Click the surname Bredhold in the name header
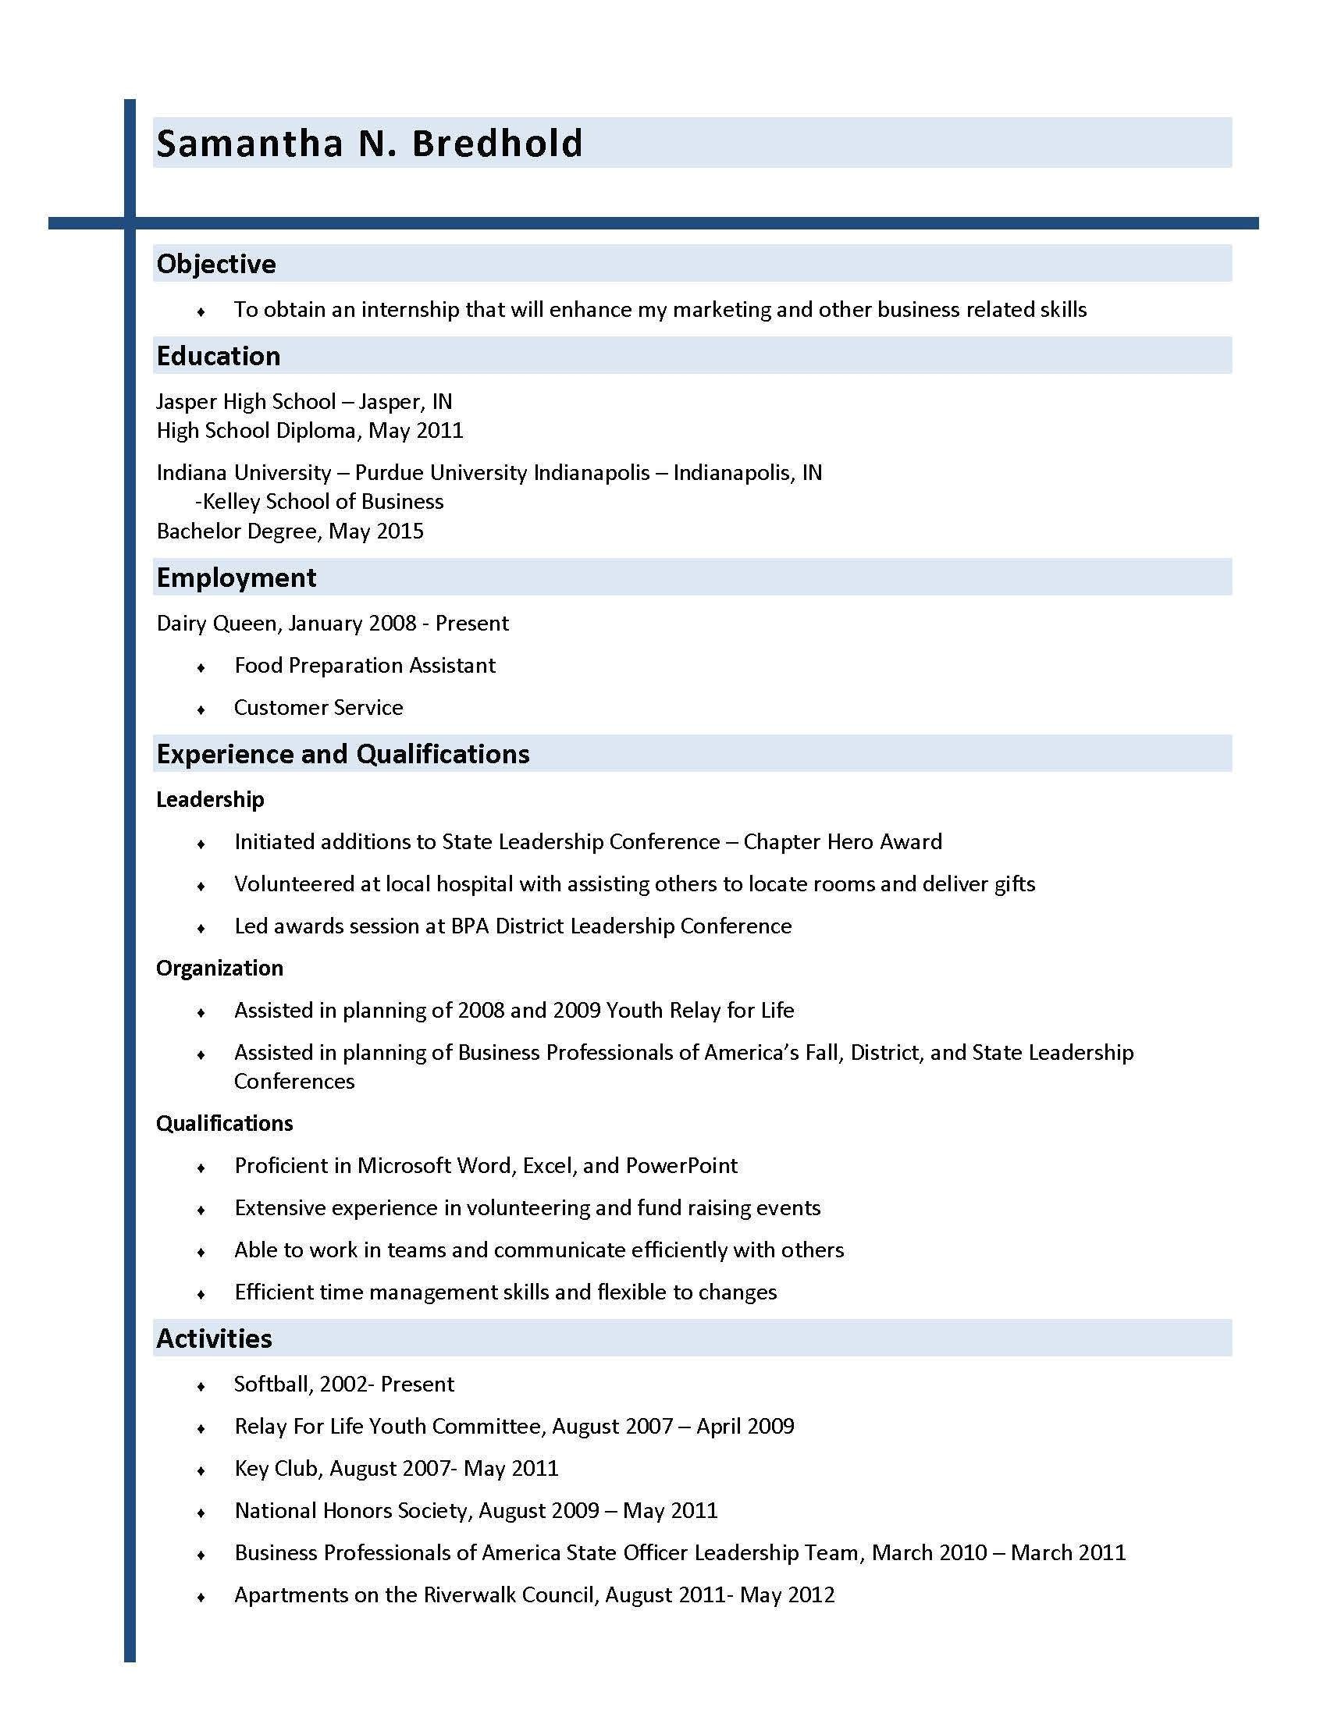(496, 143)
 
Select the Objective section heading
(216, 264)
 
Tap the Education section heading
(219, 356)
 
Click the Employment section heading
(236, 578)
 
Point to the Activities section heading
(214, 1338)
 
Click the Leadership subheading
(210, 799)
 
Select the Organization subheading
(219, 968)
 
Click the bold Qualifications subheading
(224, 1123)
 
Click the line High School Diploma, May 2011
(310, 431)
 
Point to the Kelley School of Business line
(319, 502)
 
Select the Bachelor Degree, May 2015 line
(290, 531)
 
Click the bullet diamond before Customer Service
(201, 710)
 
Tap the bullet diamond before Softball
(201, 1386)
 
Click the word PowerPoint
(681, 1166)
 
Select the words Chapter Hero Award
(843, 842)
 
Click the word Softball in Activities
(272, 1385)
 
